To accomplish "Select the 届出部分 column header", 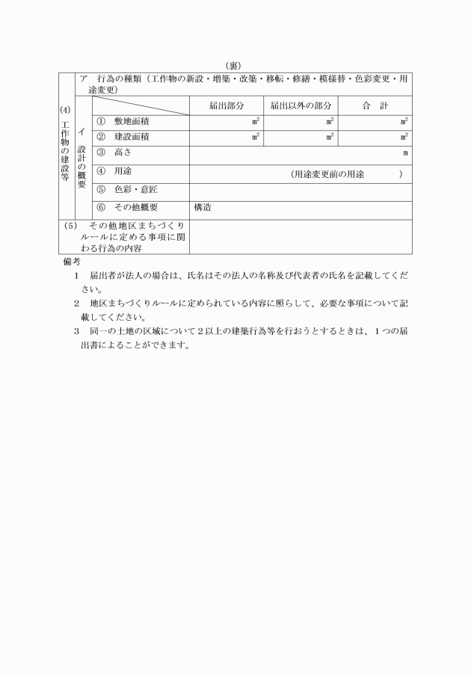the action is point(226,105).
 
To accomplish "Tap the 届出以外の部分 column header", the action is point(301,105).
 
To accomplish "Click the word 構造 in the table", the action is point(202,208).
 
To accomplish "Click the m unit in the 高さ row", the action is point(405,154).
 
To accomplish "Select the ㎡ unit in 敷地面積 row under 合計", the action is point(404,120).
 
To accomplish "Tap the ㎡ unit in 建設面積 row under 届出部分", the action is point(256,137).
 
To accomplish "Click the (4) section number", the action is point(65,110).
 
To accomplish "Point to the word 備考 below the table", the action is point(72,262).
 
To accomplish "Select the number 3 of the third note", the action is point(76,330).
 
